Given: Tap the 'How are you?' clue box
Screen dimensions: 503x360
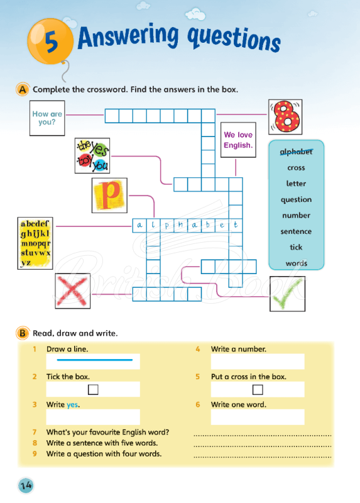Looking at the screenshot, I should (x=48, y=118).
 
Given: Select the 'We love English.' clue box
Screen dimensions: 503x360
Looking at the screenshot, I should (x=237, y=140).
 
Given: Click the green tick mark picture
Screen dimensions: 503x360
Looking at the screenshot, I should (x=287, y=294).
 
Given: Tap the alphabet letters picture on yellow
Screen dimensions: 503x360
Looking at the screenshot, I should (x=35, y=243).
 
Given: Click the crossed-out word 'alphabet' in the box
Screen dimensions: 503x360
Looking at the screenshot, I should (x=296, y=152).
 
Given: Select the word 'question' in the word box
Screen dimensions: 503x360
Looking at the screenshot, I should (x=296, y=199).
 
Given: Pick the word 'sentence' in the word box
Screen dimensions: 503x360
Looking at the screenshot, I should (x=296, y=231).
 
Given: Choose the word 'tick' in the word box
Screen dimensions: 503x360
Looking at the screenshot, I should (x=296, y=247).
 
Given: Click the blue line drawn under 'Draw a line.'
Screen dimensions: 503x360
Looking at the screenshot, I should (x=94, y=360).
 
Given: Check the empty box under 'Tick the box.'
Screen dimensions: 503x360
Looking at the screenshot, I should (x=93, y=389).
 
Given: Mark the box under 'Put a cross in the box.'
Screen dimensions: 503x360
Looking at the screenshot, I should (x=258, y=389).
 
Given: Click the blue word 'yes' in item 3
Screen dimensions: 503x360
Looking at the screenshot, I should (x=73, y=405).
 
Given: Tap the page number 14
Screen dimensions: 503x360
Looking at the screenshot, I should (x=26, y=485).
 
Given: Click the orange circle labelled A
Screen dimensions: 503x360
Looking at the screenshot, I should (x=23, y=90).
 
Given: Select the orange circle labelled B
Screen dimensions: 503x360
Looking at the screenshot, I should (x=23, y=333).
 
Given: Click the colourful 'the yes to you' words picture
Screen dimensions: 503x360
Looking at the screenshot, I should (x=92, y=155).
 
